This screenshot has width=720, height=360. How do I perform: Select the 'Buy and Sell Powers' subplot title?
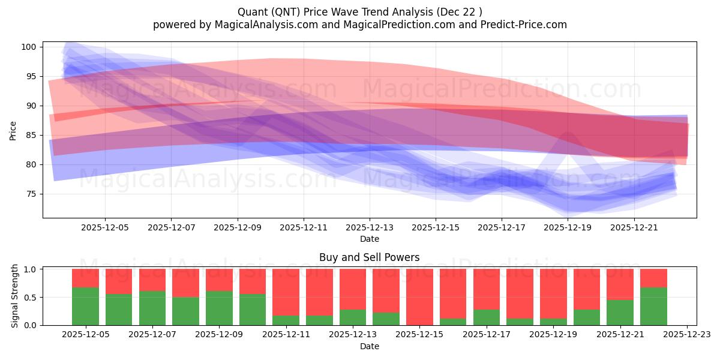click(x=369, y=257)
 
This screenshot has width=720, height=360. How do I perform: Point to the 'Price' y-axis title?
click(x=13, y=130)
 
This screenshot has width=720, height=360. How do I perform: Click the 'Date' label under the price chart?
click(x=369, y=239)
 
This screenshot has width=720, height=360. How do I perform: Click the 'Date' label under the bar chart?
click(x=369, y=346)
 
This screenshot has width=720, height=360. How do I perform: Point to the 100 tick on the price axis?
click(x=31, y=47)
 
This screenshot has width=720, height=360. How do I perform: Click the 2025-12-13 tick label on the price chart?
click(x=370, y=228)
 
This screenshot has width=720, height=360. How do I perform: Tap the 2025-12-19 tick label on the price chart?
click(x=568, y=228)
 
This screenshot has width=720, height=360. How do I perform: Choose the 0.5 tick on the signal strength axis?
click(x=31, y=297)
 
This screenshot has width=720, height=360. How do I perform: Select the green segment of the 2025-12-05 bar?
click(x=85, y=306)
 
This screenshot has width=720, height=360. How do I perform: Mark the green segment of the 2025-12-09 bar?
click(x=219, y=308)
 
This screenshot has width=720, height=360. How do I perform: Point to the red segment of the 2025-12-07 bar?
click(x=152, y=280)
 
